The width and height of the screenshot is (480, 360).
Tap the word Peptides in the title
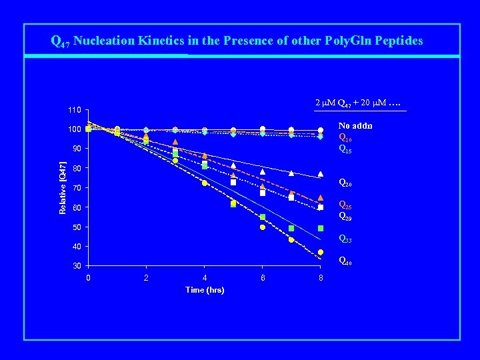tap(398, 41)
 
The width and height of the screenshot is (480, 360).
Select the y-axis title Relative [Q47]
tap(63, 187)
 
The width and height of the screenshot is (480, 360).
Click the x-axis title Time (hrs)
tap(205, 290)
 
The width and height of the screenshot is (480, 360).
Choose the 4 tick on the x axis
tap(205, 278)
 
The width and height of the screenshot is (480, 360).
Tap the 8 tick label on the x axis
tap(321, 278)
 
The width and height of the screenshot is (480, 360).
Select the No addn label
tap(355, 125)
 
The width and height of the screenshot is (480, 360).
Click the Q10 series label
tap(345, 138)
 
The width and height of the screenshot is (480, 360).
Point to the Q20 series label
tap(345, 183)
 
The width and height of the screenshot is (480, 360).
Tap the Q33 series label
tap(345, 239)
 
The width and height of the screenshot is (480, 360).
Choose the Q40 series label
tap(345, 261)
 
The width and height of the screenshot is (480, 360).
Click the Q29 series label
tap(345, 216)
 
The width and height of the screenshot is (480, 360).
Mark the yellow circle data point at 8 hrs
tap(321, 252)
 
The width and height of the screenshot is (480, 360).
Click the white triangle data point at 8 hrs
tap(321, 173)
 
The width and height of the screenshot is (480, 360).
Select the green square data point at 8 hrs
tap(321, 228)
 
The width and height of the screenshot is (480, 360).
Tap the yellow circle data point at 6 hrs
tap(263, 227)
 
